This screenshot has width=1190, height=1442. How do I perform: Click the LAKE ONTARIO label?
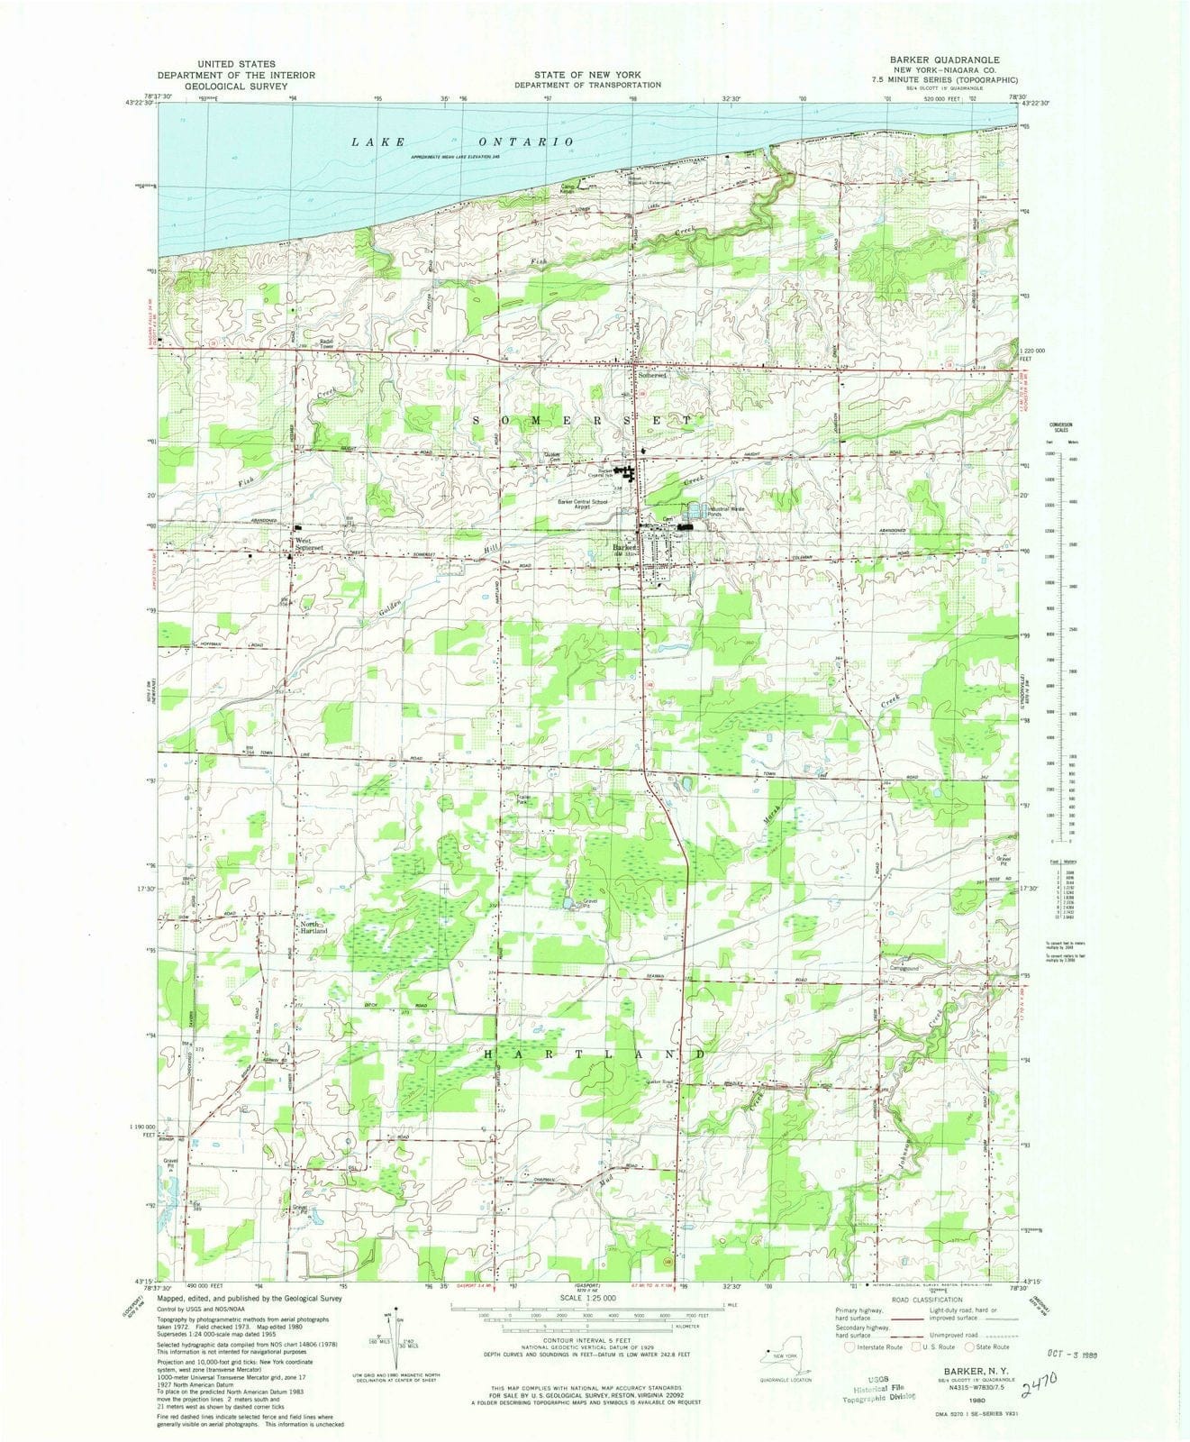point(462,142)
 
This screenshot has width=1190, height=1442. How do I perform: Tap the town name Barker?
point(624,547)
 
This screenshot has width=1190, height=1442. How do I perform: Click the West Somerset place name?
point(306,546)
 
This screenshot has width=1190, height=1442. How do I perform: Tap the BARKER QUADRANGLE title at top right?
point(937,59)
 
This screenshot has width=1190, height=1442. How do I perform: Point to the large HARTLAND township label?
point(595,1054)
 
